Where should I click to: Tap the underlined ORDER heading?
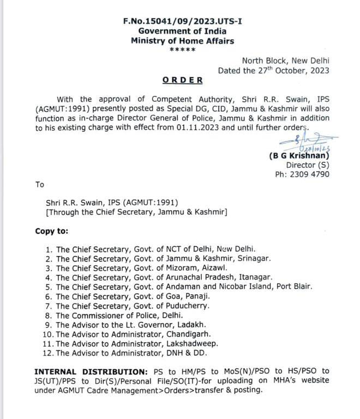(x=183, y=80)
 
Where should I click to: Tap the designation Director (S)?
(x=307, y=165)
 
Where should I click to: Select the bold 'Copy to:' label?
(x=53, y=231)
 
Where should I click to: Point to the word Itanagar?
(x=254, y=277)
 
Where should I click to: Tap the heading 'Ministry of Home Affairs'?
(x=183, y=41)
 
